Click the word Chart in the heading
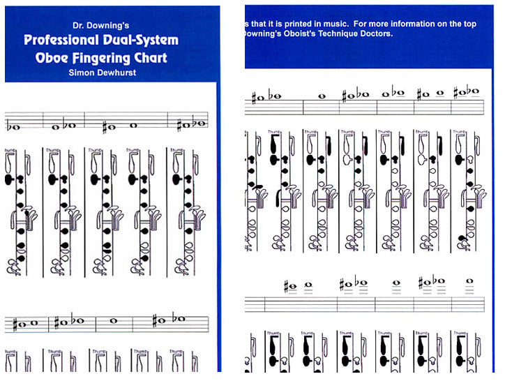pyautogui.click(x=152, y=57)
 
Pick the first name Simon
pyautogui.click(x=84, y=72)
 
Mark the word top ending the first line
pyautogui.click(x=471, y=24)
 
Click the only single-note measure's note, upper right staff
pyautogui.click(x=322, y=96)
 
